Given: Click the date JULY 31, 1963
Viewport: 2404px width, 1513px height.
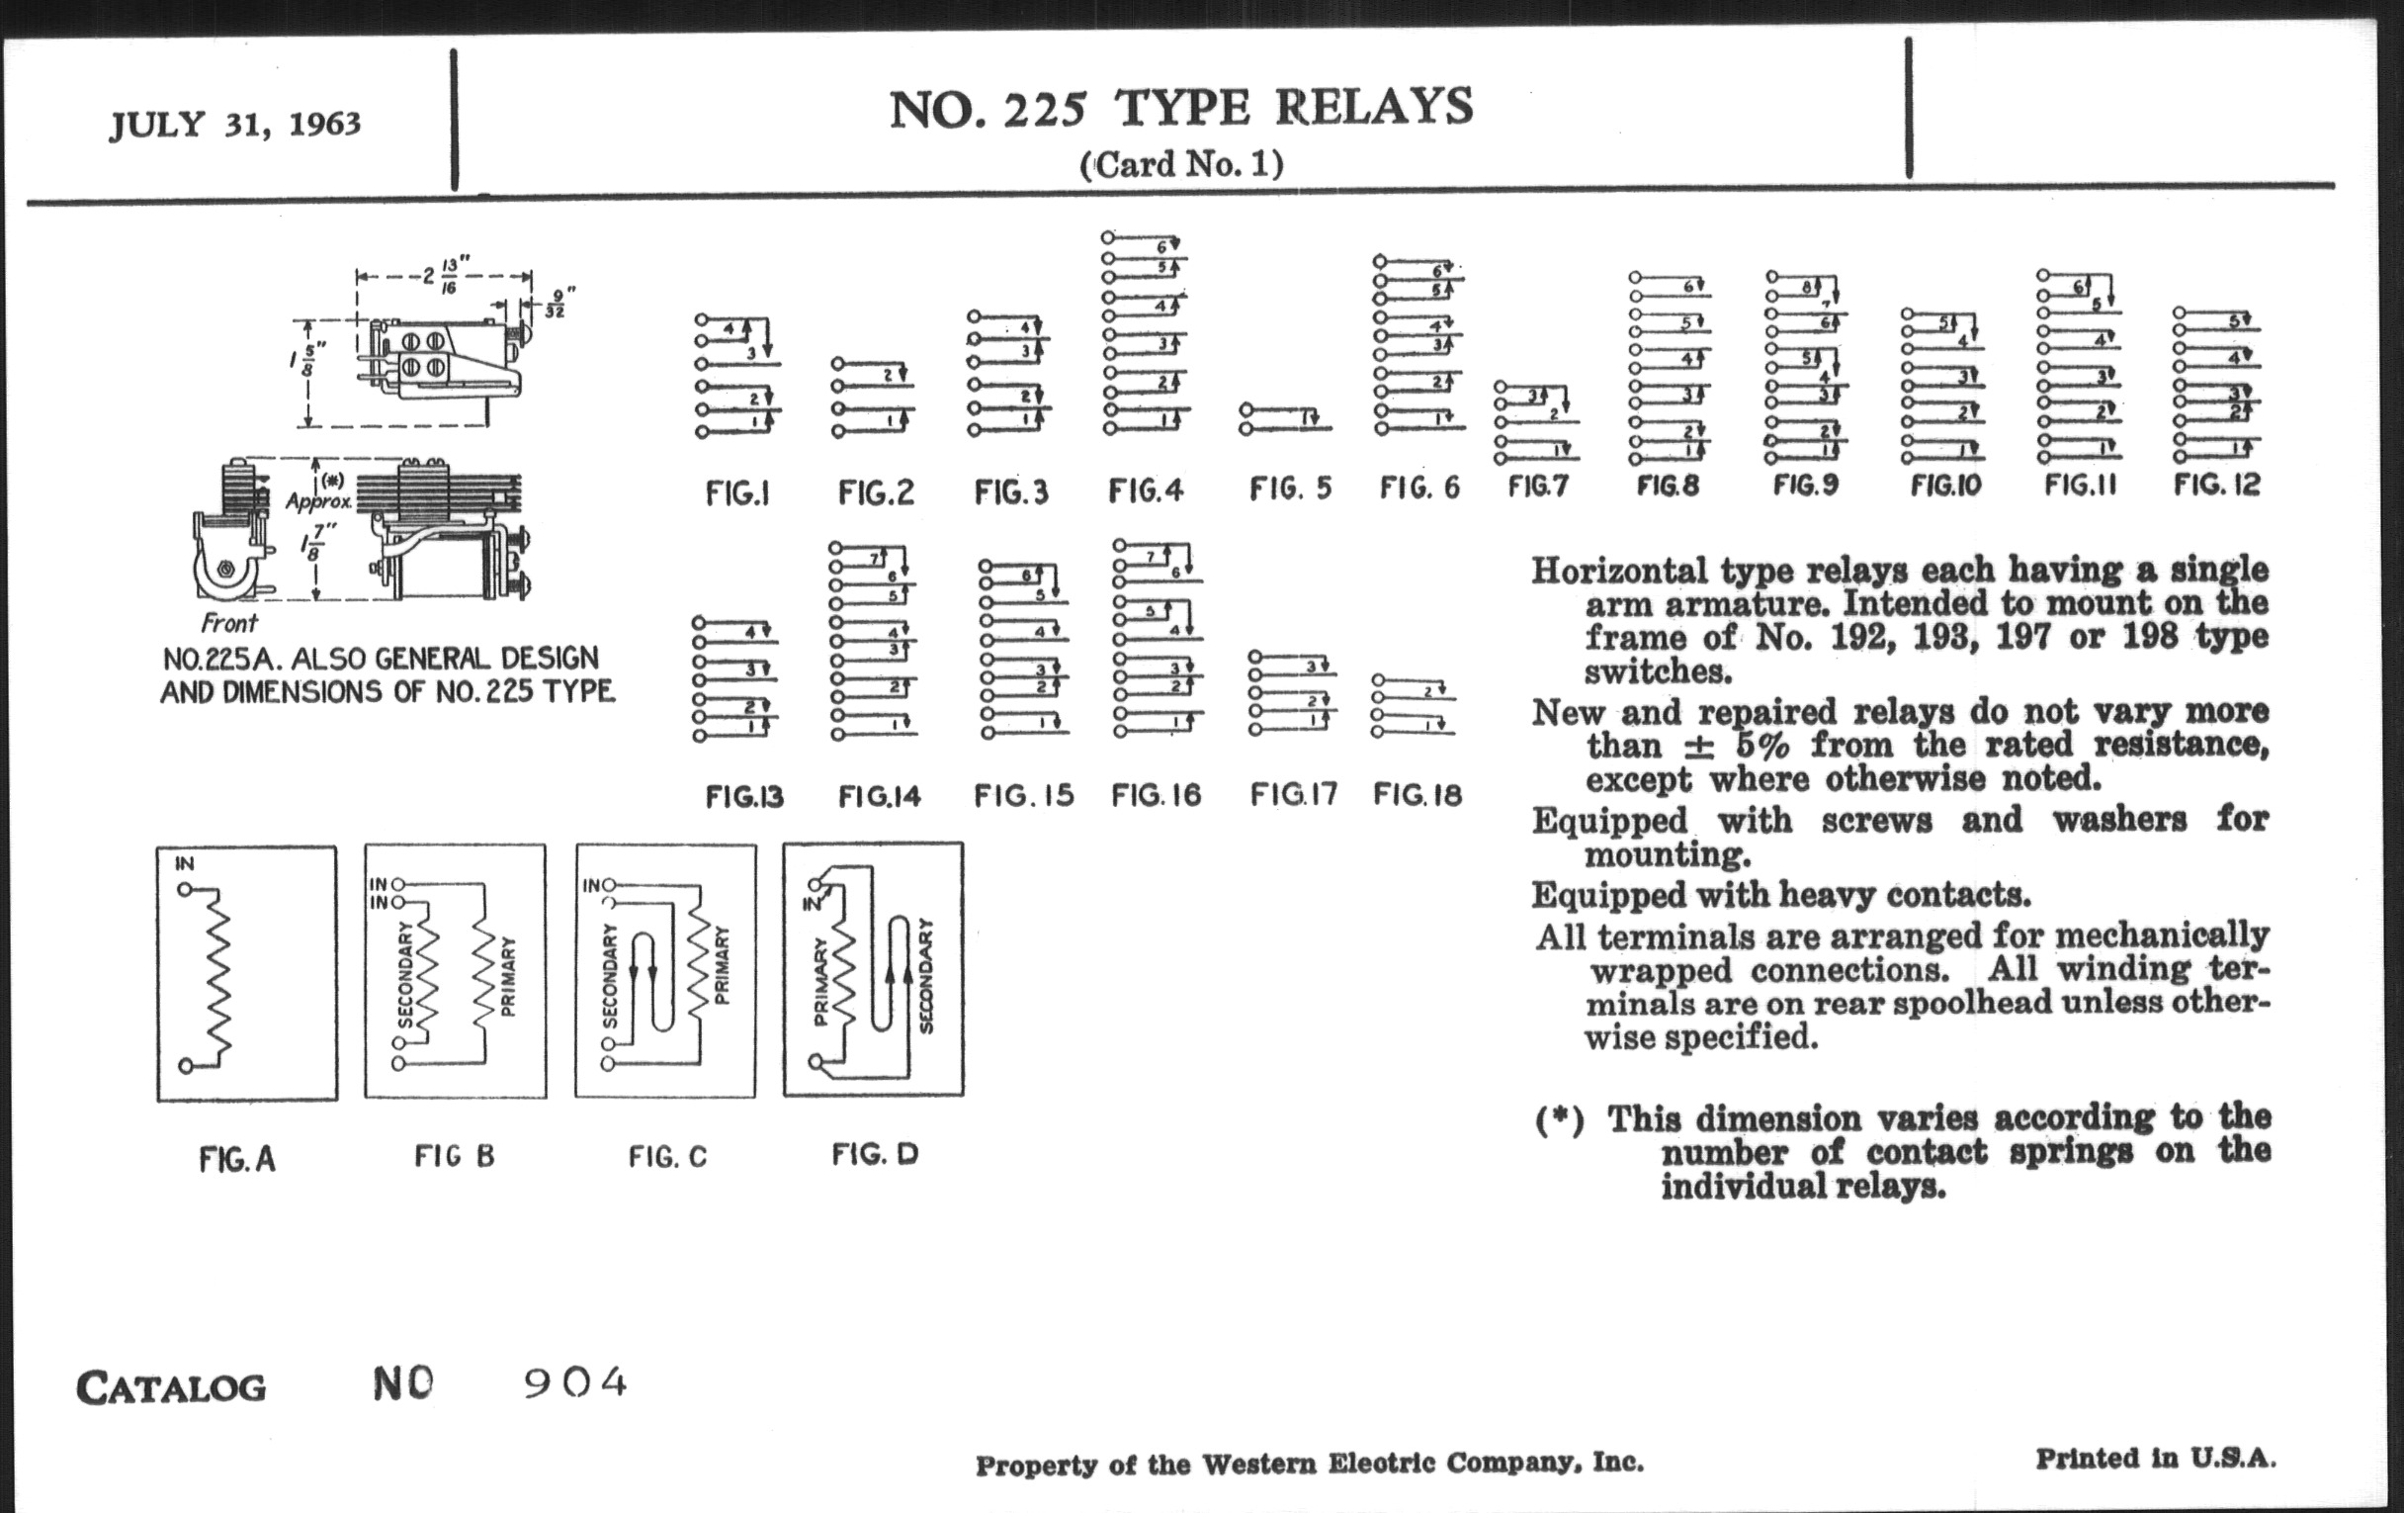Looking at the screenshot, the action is pyautogui.click(x=235, y=125).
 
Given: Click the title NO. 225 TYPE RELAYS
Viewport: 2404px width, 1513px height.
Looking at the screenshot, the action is pyautogui.click(x=1181, y=108).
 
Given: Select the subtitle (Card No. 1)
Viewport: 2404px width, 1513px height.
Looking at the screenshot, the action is pyautogui.click(x=1181, y=164).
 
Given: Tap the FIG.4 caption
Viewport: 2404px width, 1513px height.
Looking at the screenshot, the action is pyautogui.click(x=1145, y=490).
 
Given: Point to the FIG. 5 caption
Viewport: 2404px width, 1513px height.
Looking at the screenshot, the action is pyautogui.click(x=1290, y=489).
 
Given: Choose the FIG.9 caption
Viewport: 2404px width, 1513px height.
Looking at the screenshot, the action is pyautogui.click(x=1804, y=486).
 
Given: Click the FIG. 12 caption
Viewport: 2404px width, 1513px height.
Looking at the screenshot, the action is pyautogui.click(x=2216, y=485).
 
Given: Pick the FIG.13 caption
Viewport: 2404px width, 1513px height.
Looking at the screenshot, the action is pyautogui.click(x=744, y=797).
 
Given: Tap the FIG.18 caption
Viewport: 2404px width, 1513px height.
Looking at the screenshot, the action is pyautogui.click(x=1417, y=795).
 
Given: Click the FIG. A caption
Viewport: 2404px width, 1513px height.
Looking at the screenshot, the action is pyautogui.click(x=236, y=1159).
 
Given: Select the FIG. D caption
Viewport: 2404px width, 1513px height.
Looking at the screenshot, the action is pyautogui.click(x=875, y=1154).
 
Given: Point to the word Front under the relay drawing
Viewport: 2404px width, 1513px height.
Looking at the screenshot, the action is pyautogui.click(x=228, y=624).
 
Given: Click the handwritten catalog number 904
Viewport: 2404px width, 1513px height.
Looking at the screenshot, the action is pyautogui.click(x=576, y=1383).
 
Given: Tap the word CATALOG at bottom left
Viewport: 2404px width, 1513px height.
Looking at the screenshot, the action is pyautogui.click(x=171, y=1388).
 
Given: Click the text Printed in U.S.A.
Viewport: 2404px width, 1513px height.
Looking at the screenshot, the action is pyautogui.click(x=2156, y=1459).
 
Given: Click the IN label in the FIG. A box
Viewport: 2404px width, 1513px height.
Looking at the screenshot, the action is pyautogui.click(x=184, y=864).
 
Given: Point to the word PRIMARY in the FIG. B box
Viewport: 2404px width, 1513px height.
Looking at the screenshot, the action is pyautogui.click(x=508, y=977).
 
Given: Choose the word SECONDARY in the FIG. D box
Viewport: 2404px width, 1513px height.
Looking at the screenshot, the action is pyautogui.click(x=925, y=976).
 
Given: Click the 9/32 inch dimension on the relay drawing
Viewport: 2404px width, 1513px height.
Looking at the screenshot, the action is pyautogui.click(x=557, y=303).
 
